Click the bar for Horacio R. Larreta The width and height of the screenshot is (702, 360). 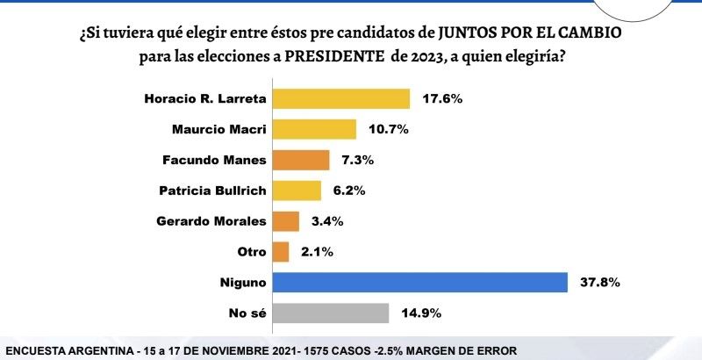coord(341,98)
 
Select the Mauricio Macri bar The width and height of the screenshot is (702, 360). coord(315,129)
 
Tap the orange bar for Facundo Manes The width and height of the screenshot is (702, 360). coord(301,160)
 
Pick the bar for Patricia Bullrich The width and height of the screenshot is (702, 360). coord(297,191)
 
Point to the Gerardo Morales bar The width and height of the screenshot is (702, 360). coord(286,221)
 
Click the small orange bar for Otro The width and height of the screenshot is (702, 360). coord(281,252)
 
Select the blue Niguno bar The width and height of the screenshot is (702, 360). coord(420,283)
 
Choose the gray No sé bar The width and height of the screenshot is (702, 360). coord(331,313)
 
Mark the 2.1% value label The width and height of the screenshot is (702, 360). coord(315,252)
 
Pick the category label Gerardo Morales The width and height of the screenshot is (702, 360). coord(212,221)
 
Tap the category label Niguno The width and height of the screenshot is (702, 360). coord(243,283)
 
